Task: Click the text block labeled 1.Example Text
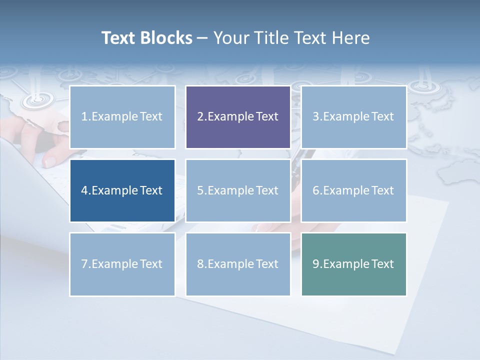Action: [x=122, y=117]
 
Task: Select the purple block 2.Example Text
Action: [x=238, y=117]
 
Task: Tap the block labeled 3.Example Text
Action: [x=353, y=117]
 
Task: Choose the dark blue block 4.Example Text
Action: [x=122, y=190]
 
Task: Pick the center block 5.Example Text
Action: [x=238, y=190]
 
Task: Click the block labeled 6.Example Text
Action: [x=353, y=190]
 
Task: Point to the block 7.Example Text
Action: [x=122, y=264]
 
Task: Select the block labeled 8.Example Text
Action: [x=238, y=264]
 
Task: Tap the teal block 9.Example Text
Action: [x=353, y=264]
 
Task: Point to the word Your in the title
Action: [x=231, y=38]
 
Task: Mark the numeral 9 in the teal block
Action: [x=316, y=264]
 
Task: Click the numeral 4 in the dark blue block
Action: [x=84, y=190]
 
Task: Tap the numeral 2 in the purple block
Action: [x=200, y=117]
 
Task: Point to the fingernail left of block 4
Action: [x=50, y=161]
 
